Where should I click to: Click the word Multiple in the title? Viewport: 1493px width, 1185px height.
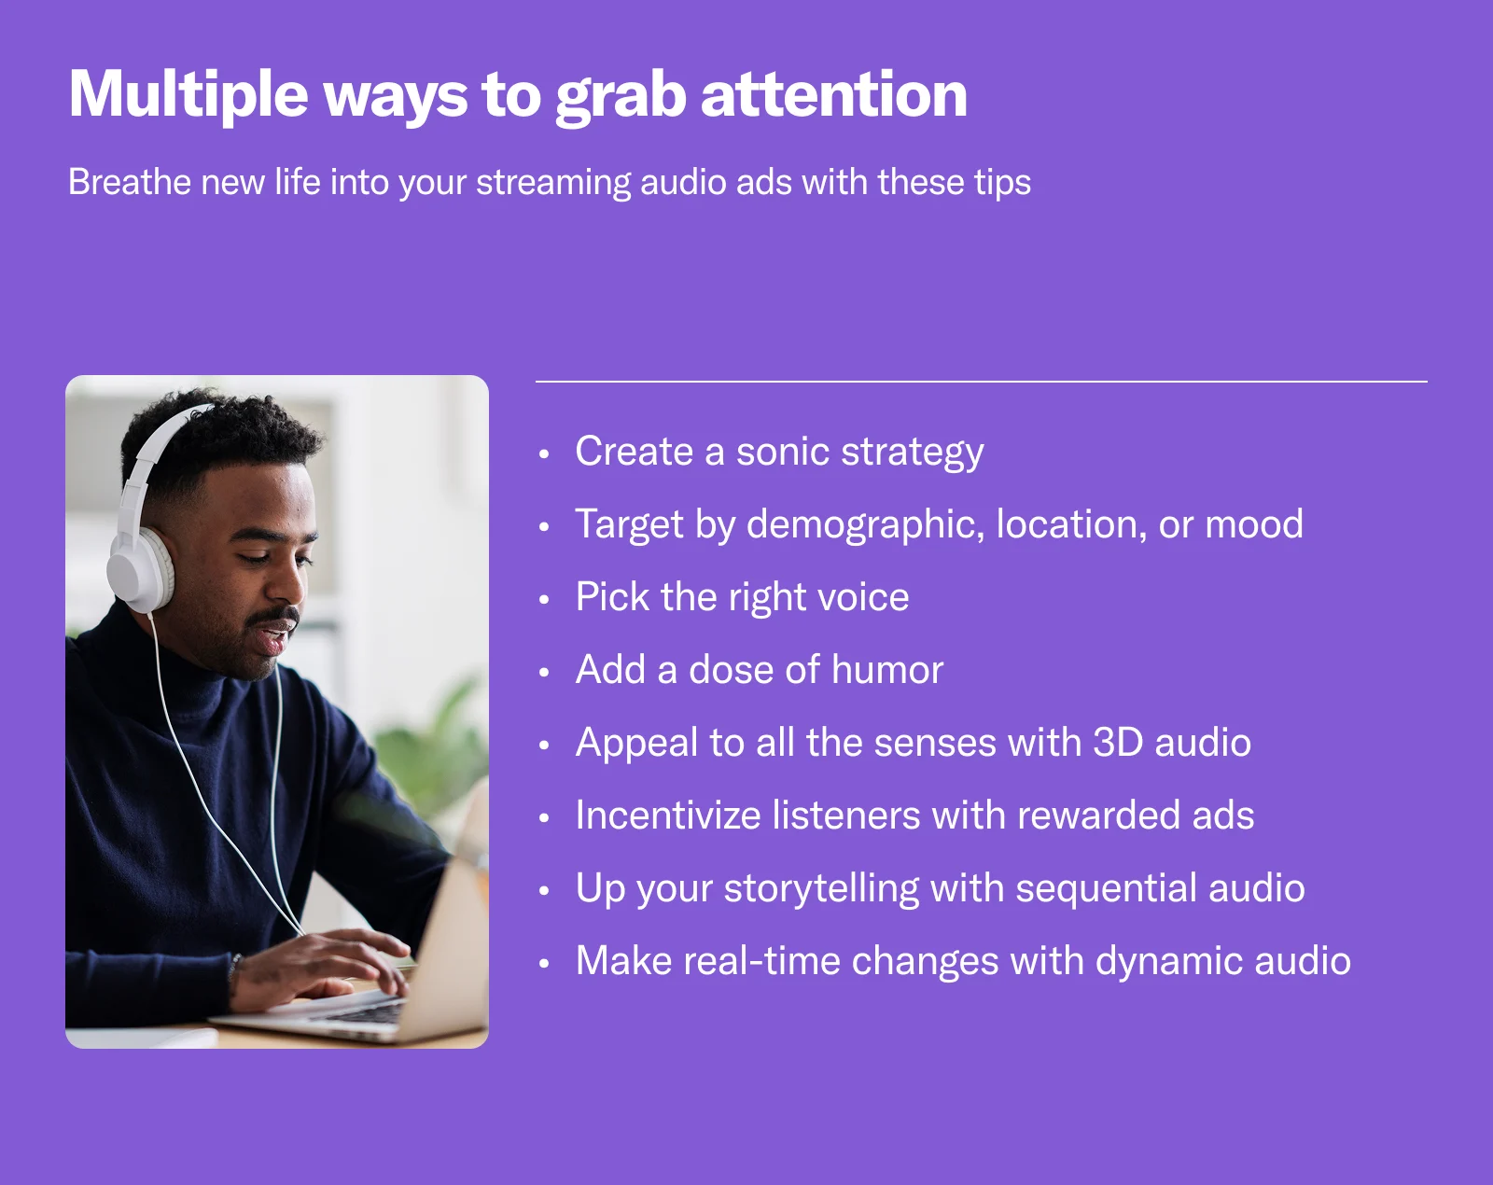click(188, 96)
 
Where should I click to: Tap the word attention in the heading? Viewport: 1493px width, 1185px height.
click(834, 94)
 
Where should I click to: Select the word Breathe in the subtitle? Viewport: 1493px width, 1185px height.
click(130, 183)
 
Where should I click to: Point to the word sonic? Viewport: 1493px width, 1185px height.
click(783, 452)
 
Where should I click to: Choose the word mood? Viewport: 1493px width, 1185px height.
click(1253, 524)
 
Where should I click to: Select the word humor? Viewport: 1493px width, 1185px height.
click(887, 670)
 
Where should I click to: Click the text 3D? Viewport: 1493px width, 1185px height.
click(1118, 743)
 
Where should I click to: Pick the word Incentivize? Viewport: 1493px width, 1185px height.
click(667, 816)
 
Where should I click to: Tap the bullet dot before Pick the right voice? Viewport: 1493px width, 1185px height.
click(544, 599)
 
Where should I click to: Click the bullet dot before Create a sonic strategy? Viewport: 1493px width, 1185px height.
click(544, 453)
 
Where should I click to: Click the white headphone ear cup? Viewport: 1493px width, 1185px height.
click(139, 570)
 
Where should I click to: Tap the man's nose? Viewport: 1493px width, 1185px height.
click(285, 580)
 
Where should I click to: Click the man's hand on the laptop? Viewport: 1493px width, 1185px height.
click(326, 961)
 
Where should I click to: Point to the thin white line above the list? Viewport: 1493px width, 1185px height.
click(981, 382)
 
